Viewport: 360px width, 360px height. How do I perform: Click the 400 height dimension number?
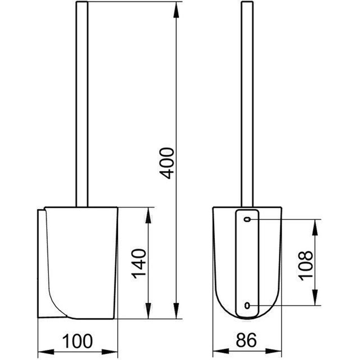click(x=167, y=163)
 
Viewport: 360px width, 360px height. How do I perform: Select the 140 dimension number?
click(x=139, y=263)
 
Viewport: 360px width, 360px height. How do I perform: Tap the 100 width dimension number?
click(x=77, y=341)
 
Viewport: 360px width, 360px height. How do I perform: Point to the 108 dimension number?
click(x=306, y=265)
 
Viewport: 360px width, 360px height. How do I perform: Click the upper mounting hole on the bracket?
click(x=247, y=220)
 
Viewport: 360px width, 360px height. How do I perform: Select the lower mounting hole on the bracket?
click(x=247, y=306)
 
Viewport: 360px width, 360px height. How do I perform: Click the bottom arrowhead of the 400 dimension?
click(x=176, y=310)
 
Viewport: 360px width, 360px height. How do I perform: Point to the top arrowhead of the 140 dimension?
click(x=148, y=216)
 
